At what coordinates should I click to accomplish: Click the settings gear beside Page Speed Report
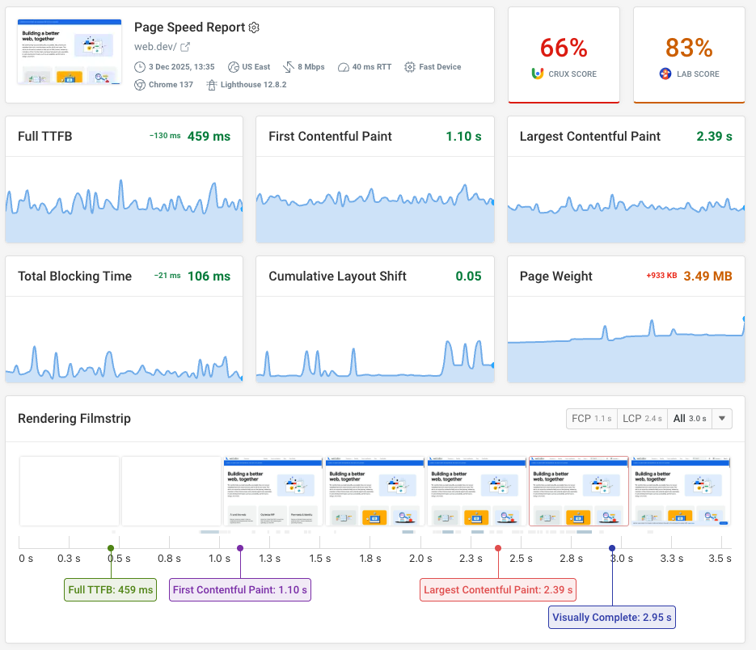click(x=254, y=27)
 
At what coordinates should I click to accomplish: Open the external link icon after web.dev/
click(x=184, y=47)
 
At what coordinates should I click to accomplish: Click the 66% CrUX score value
click(x=564, y=48)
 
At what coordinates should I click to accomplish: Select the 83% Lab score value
click(x=689, y=48)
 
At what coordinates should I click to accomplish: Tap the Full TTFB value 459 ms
click(x=209, y=137)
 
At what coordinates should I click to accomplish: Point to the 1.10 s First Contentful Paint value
click(x=463, y=137)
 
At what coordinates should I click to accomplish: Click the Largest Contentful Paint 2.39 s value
click(x=714, y=137)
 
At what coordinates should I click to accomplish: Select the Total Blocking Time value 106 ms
click(x=209, y=276)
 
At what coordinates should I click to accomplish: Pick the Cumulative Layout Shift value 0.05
click(x=468, y=276)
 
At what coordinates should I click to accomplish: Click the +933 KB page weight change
click(x=661, y=276)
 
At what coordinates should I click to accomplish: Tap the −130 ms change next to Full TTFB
click(x=165, y=137)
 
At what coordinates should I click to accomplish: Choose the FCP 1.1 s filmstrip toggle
click(x=592, y=419)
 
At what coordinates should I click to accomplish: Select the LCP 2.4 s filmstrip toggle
click(x=642, y=419)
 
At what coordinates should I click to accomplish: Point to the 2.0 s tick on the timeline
click(x=420, y=558)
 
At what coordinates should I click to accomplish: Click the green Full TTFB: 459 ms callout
click(x=110, y=590)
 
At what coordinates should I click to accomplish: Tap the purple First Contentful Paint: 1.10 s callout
click(x=239, y=590)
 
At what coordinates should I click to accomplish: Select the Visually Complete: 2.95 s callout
click(x=612, y=618)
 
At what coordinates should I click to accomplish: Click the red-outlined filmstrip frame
click(x=578, y=492)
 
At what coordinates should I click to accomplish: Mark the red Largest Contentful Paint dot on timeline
click(x=498, y=548)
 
